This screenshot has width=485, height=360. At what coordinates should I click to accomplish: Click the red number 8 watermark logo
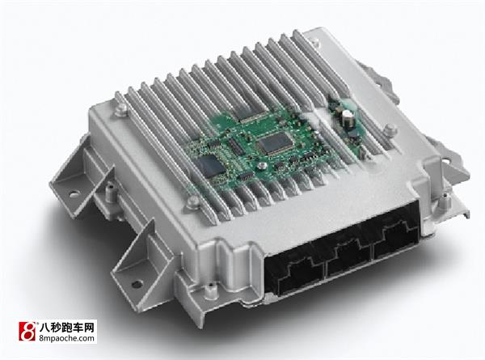pyautogui.click(x=27, y=331)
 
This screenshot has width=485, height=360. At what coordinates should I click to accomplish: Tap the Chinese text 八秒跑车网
pyautogui.click(x=66, y=327)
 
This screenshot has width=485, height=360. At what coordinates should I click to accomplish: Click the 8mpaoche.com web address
pyautogui.click(x=66, y=337)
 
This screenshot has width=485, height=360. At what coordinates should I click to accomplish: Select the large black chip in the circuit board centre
pyautogui.click(x=275, y=143)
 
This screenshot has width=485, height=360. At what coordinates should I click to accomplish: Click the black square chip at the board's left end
pyautogui.click(x=211, y=167)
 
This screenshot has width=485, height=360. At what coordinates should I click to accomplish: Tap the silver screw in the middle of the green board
pyautogui.click(x=262, y=166)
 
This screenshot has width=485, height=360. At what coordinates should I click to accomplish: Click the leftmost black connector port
pyautogui.click(x=294, y=274)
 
